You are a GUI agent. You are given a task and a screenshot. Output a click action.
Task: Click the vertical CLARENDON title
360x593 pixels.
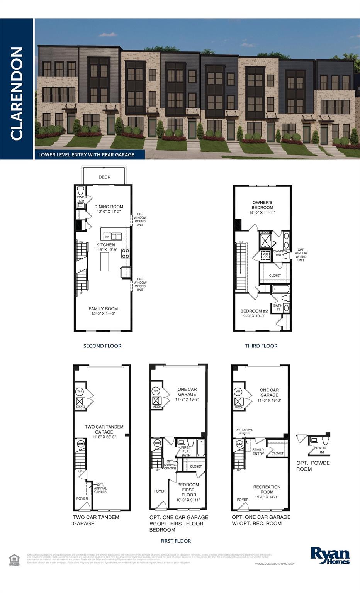click(17, 93)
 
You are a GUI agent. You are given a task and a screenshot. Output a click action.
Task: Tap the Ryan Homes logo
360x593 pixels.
click(330, 555)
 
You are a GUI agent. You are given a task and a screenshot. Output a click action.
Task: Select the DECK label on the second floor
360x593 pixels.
click(104, 177)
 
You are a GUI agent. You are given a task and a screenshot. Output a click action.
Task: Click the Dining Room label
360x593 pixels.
click(109, 207)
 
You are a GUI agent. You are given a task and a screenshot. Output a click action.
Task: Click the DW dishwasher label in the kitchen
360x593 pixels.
click(107, 237)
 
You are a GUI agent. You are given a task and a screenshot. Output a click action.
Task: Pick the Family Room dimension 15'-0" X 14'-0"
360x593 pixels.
click(103, 314)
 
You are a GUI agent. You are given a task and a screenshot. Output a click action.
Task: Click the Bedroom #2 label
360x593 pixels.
click(254, 311)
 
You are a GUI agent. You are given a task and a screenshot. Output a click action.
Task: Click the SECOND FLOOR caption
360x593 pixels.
click(102, 346)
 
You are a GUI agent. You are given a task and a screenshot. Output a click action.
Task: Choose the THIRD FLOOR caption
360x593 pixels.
click(261, 346)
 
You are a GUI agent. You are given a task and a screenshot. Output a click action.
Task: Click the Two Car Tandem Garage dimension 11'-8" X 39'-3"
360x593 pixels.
click(104, 437)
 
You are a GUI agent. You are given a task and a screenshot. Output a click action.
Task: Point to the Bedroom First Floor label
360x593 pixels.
click(188, 490)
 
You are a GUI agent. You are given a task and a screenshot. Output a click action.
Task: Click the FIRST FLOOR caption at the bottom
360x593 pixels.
click(176, 541)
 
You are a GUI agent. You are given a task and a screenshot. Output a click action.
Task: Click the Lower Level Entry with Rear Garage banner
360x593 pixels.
click(87, 155)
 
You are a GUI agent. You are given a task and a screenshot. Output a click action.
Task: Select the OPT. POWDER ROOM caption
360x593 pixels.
click(313, 466)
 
